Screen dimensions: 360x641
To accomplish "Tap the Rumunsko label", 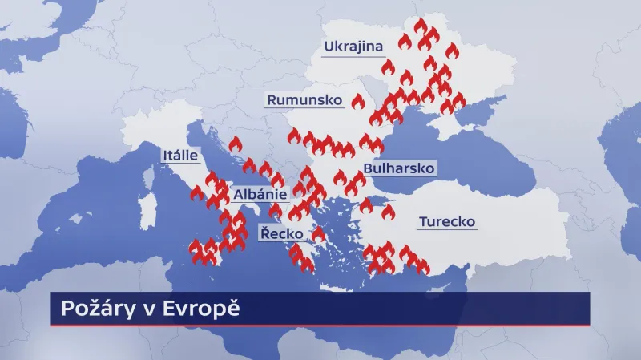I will tap(304, 100).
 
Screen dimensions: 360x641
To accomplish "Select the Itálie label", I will tap(180, 155).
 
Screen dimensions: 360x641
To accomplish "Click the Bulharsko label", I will tap(398, 168).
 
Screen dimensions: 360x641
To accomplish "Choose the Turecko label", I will tap(447, 221).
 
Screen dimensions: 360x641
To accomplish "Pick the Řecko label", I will tap(281, 233).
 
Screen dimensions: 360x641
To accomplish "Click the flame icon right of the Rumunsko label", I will tap(357, 102).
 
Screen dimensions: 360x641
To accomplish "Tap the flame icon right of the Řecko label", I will tap(318, 234).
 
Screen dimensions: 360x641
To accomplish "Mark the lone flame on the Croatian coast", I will tap(235, 144).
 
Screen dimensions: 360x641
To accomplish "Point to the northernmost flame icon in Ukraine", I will tap(421, 26).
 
